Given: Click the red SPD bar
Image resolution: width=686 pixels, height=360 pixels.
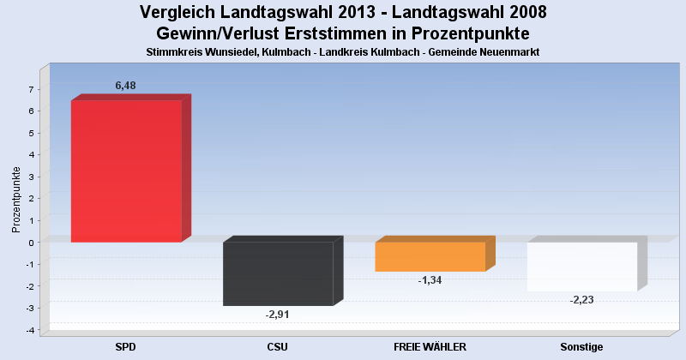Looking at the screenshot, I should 126,171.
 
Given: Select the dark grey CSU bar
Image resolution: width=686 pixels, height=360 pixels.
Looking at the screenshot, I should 278,273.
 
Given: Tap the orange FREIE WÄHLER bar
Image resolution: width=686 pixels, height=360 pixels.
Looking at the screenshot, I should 430,256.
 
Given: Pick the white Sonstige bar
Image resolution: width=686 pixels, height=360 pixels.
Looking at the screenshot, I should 582,267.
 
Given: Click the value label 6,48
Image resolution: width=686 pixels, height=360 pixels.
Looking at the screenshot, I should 125,86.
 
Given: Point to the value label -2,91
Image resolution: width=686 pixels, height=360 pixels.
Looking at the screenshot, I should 278,315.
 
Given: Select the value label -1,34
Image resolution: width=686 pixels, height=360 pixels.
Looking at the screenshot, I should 430,280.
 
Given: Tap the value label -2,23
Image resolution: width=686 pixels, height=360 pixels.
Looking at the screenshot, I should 582,300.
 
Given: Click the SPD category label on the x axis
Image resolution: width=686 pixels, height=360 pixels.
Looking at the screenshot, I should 126,346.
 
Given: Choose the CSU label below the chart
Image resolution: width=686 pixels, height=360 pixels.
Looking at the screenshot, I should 278,346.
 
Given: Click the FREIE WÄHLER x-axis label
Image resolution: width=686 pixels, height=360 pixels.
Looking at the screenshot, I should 430,346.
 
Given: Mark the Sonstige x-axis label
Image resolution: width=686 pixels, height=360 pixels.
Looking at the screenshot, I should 582,346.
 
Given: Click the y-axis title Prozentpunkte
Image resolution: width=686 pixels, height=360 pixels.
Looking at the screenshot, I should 15,199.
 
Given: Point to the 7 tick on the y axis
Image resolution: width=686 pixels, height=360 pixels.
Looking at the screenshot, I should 31,89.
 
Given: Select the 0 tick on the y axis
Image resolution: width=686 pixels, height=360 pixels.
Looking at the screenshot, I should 31,243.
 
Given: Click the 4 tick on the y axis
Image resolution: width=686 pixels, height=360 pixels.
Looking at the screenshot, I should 31,155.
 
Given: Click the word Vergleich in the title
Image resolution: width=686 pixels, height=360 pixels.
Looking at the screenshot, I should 176,13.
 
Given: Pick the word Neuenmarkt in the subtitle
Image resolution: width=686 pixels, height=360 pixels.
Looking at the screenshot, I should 508,52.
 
